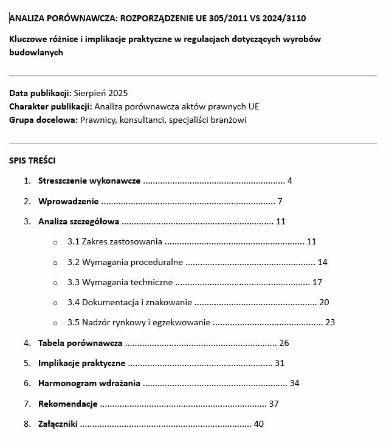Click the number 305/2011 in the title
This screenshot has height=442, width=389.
[230, 18]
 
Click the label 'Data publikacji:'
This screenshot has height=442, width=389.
[40, 93]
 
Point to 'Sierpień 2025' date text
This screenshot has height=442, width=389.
[100, 93]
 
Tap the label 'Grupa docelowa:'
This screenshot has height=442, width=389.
[44, 120]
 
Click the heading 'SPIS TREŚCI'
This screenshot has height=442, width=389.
[32, 161]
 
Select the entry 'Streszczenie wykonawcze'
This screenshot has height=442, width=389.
[89, 181]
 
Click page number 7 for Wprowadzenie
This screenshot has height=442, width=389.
[280, 201]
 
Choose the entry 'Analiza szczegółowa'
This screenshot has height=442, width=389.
[78, 221]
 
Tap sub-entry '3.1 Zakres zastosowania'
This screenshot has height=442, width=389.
[115, 241]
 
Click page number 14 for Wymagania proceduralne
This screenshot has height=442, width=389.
[323, 262]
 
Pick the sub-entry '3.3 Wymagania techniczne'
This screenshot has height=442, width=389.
[120, 282]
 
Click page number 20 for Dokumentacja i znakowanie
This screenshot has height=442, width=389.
[324, 302]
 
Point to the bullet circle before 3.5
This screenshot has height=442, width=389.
[55, 323]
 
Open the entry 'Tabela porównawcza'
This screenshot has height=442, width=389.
[80, 343]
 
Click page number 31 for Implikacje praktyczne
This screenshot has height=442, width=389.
[280, 363]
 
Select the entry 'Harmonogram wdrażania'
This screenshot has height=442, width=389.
[89, 383]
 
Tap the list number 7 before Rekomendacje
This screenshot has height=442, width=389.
[27, 404]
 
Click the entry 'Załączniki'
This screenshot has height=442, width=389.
[58, 424]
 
